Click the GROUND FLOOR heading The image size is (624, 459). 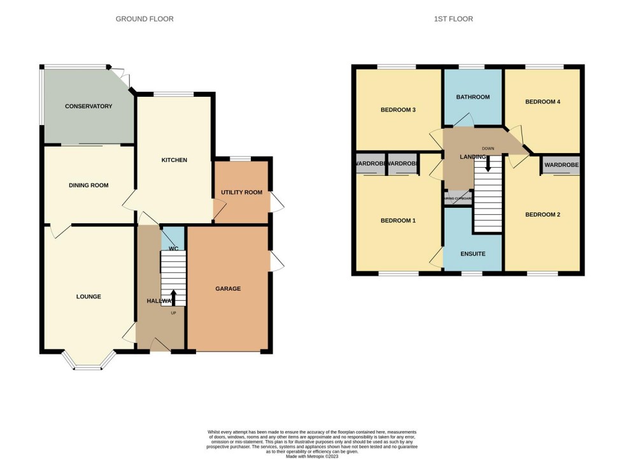coord(145,19)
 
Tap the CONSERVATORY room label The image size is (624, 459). coord(89,106)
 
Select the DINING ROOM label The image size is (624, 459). coord(89,186)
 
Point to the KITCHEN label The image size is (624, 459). coord(174,160)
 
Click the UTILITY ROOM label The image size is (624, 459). coord(241,193)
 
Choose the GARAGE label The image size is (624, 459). coord(227,289)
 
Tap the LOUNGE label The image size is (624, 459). coord(89,296)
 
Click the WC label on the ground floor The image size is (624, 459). coord(173,248)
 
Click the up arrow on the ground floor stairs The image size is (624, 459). coord(173,297)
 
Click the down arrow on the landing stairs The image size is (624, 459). coord(488,164)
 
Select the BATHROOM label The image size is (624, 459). coord(473,97)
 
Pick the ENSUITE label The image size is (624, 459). coord(473,254)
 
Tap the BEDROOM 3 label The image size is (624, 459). coord(398,110)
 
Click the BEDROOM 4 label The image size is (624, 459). coord(542,101)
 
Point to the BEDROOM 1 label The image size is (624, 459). coord(398,221)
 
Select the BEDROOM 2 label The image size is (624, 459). coord(542,215)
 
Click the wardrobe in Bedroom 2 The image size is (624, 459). coord(561,165)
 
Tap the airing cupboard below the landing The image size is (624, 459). coord(458,198)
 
